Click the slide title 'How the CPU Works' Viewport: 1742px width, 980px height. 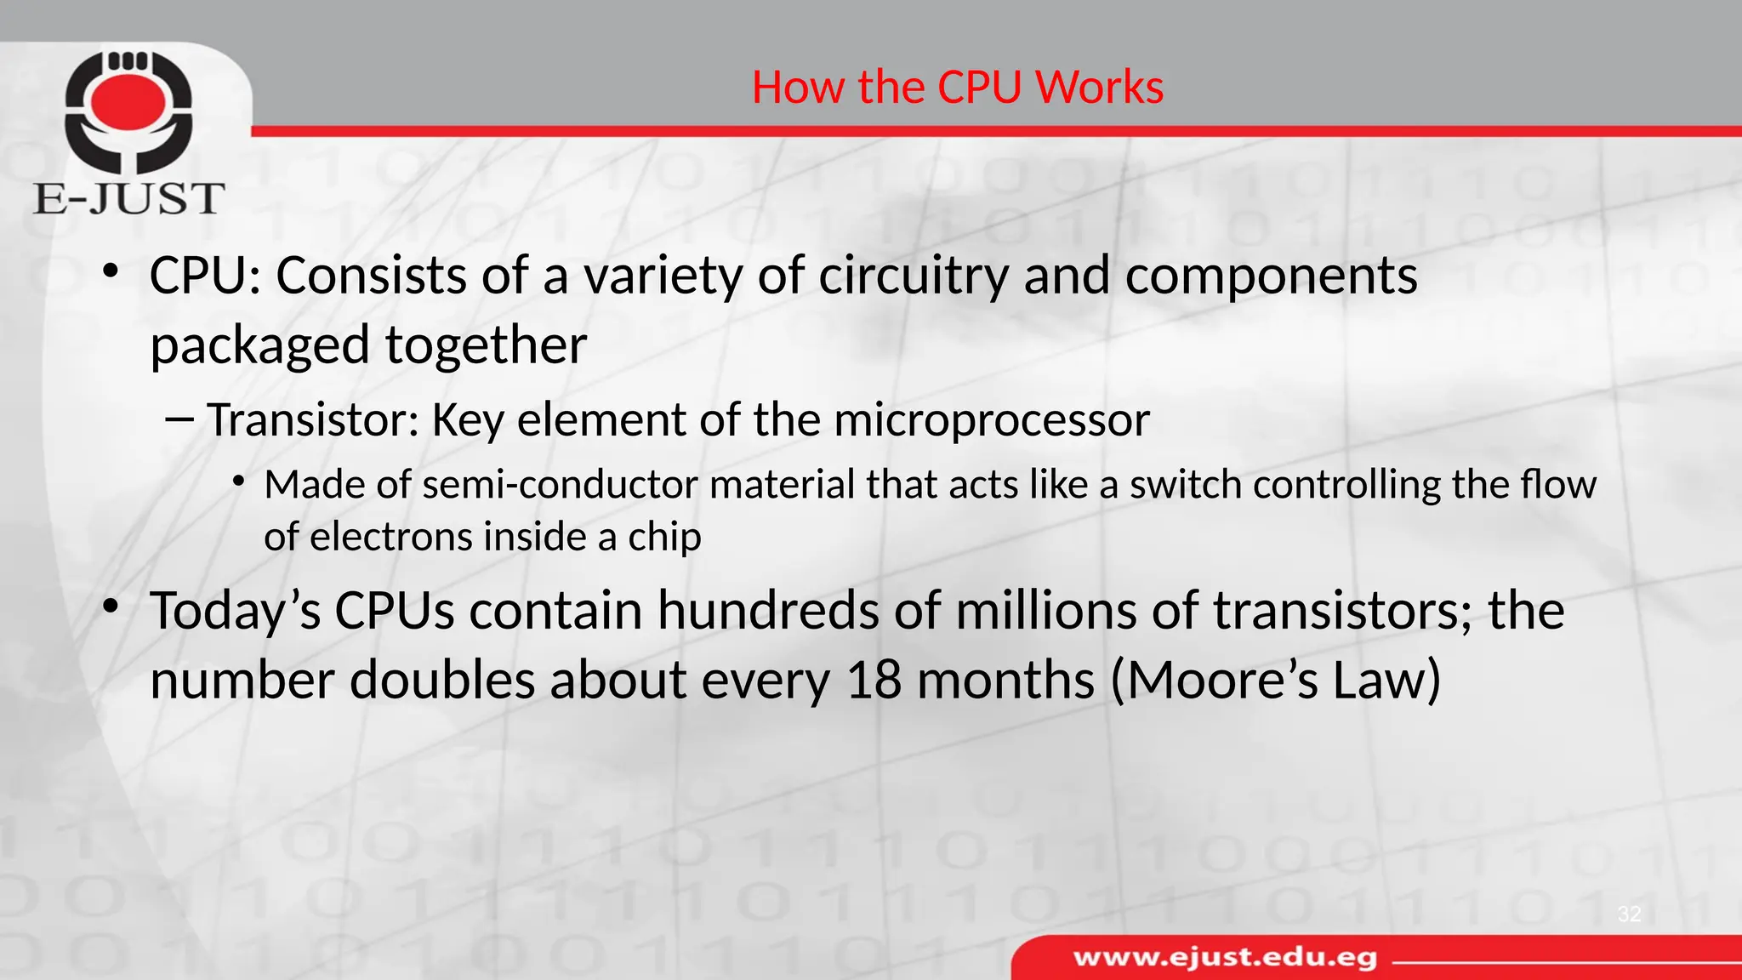[x=957, y=88]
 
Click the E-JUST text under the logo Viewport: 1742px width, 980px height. [x=128, y=198]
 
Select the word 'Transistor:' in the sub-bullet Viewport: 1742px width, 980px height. [x=313, y=419]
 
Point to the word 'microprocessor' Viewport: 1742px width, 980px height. [x=991, y=421]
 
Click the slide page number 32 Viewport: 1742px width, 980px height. [x=1629, y=914]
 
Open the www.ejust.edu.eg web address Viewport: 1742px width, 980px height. [x=1225, y=958]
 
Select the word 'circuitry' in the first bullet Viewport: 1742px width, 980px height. [x=914, y=277]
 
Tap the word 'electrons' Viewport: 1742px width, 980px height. [x=394, y=538]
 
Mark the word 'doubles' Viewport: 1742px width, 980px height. [x=443, y=681]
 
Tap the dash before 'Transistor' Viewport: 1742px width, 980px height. [x=180, y=419]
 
